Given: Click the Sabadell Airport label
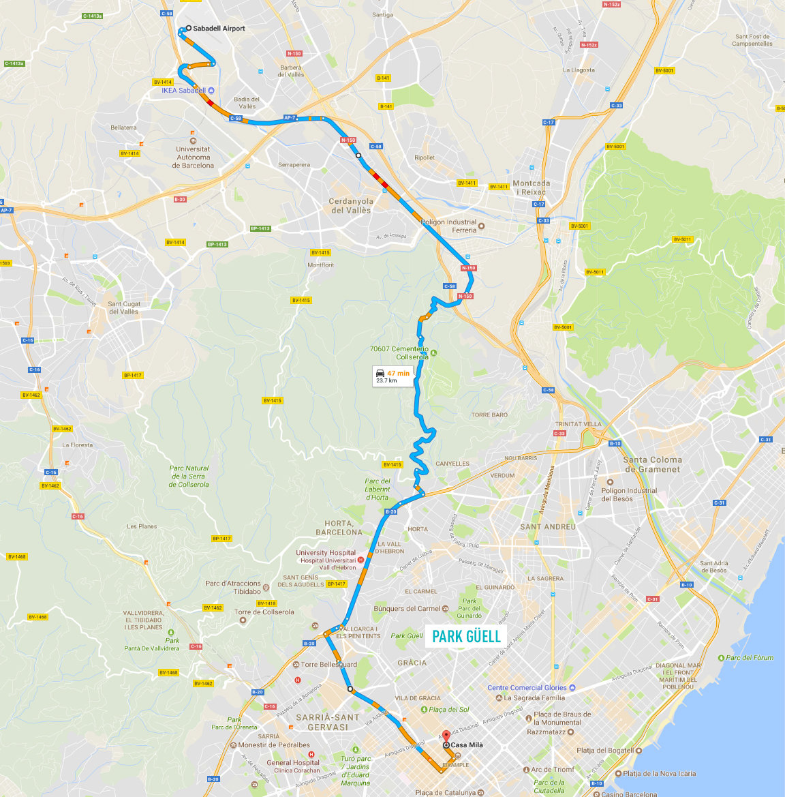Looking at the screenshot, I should (x=218, y=29).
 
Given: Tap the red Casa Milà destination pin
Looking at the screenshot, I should (x=446, y=736).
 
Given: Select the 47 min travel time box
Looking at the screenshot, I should (x=393, y=376).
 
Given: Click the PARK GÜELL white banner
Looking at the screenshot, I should (x=466, y=637).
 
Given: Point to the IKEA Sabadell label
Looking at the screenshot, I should (x=183, y=91).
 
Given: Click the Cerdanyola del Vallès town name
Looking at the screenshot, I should (x=351, y=206).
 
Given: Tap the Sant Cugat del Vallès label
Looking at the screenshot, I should (x=123, y=307).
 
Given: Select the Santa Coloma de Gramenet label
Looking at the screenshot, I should (x=652, y=464).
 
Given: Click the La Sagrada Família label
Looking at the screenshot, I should (x=534, y=697).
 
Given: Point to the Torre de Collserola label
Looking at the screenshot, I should (x=264, y=612).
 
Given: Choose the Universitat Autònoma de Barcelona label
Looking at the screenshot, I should (x=194, y=157).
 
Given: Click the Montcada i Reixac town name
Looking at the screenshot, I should (x=532, y=187).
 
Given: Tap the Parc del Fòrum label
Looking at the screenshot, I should (x=750, y=658).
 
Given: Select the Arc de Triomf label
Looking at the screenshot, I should (x=553, y=770).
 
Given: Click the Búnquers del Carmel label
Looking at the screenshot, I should (x=407, y=609).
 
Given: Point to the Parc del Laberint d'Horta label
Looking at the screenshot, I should (x=378, y=489).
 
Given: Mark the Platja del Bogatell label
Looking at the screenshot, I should (x=605, y=751).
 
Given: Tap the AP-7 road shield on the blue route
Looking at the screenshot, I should (x=290, y=118).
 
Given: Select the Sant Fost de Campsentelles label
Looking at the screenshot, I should (x=752, y=40).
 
